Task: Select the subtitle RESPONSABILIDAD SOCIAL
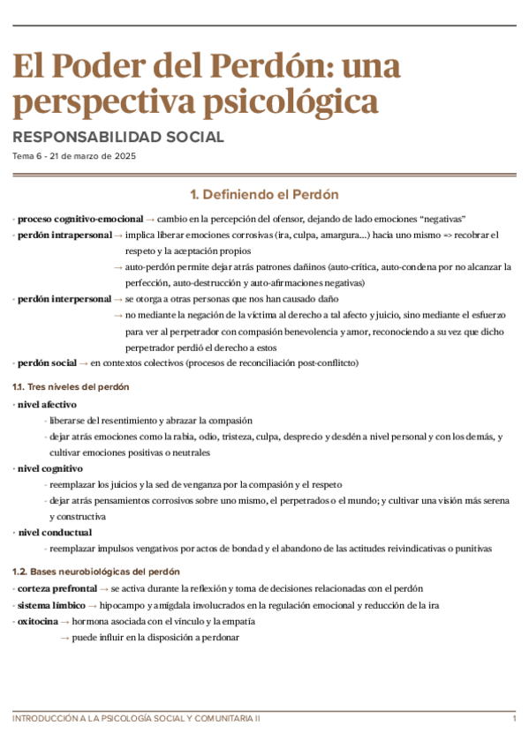tap(118, 137)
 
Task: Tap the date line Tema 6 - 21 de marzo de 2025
tap(74, 156)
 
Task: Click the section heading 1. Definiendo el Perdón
tap(264, 194)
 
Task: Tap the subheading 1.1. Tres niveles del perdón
tap(71, 386)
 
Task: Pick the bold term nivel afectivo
tap(47, 404)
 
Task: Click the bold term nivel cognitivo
tap(49, 468)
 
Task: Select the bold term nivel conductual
tap(54, 532)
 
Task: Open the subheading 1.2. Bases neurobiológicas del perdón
tap(96, 572)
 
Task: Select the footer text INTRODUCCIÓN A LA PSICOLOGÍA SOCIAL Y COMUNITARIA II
tap(137, 720)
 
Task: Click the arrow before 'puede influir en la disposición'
tap(64, 637)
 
